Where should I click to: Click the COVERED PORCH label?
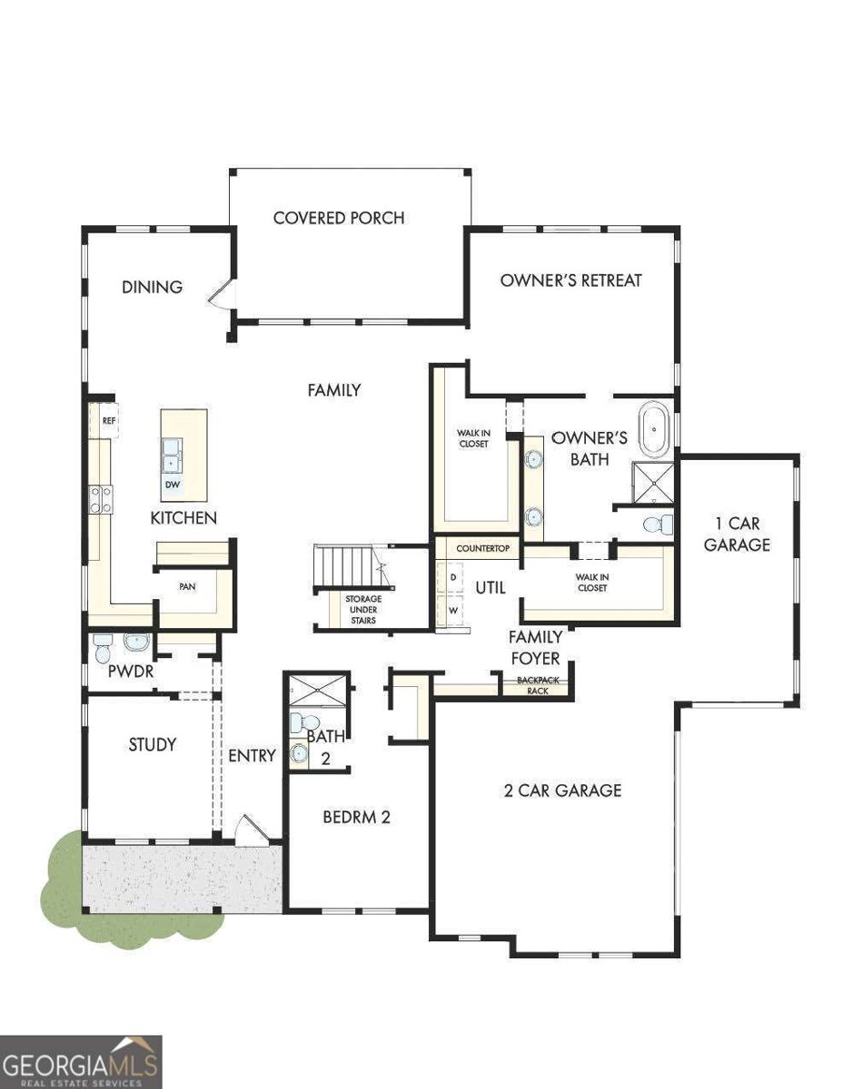(x=339, y=218)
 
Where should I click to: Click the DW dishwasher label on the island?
(x=172, y=486)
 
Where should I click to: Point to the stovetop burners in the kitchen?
(x=100, y=499)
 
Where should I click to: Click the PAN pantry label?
(x=187, y=586)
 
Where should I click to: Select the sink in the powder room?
(x=136, y=642)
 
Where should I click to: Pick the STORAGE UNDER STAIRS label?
(x=363, y=610)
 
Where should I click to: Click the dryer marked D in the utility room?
(x=451, y=578)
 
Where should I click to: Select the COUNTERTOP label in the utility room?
(x=482, y=549)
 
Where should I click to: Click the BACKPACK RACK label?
(x=538, y=685)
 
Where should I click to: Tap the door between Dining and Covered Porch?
(x=221, y=292)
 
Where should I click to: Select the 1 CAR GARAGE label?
(x=736, y=535)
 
